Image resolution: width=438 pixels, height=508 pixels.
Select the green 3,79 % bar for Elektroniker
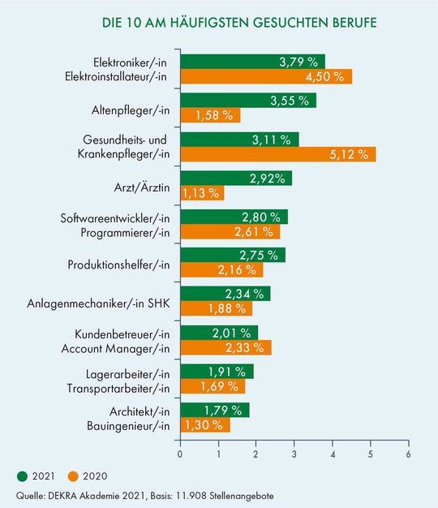tap(251, 62)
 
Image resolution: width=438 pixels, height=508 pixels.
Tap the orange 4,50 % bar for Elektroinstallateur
tap(265, 77)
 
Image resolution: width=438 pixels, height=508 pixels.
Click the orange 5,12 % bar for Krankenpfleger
tap(277, 154)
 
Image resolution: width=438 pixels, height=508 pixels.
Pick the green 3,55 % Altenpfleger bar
tap(247, 101)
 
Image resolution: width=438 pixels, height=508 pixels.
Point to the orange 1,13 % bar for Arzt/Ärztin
tap(201, 193)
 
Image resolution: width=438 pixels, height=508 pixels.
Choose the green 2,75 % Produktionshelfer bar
tap(232, 255)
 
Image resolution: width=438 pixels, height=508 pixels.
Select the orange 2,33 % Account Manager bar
tap(225, 347)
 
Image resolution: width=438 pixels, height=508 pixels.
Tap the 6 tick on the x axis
tap(408, 454)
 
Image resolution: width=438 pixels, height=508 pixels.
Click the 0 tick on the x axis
tap(179, 454)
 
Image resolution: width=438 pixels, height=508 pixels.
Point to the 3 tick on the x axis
tap(294, 454)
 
